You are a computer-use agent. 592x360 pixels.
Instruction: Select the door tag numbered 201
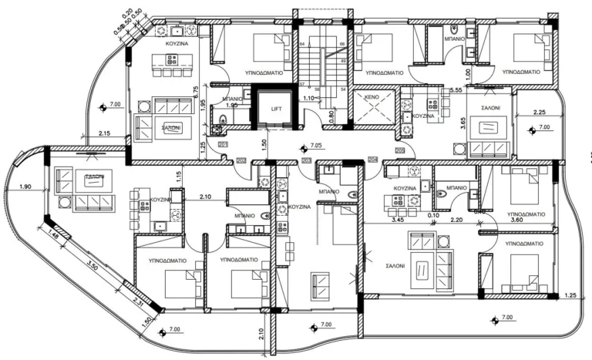(224, 144)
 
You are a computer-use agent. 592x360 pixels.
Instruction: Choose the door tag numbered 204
(373, 160)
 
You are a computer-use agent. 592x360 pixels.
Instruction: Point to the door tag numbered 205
(400, 150)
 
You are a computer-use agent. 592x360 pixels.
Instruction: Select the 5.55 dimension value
(456, 90)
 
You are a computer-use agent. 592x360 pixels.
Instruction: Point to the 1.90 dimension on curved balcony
(25, 187)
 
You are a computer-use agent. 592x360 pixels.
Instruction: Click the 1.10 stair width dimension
(308, 99)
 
